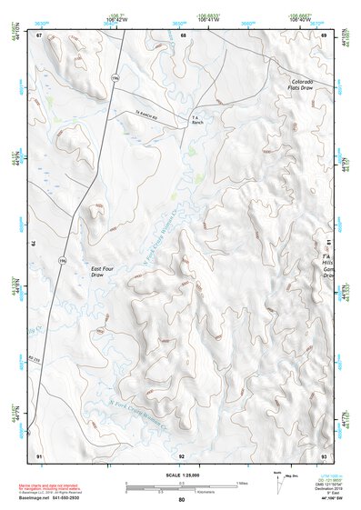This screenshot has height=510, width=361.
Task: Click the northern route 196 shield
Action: point(115,79)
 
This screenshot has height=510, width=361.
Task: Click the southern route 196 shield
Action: point(63,261)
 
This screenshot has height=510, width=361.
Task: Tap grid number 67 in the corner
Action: point(39,35)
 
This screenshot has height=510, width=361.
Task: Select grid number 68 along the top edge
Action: point(183,35)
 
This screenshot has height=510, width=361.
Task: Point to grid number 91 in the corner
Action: point(39,455)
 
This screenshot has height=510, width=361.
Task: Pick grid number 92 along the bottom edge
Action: point(182,455)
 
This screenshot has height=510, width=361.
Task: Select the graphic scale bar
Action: point(181,486)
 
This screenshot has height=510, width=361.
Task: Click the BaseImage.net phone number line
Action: point(64,499)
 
